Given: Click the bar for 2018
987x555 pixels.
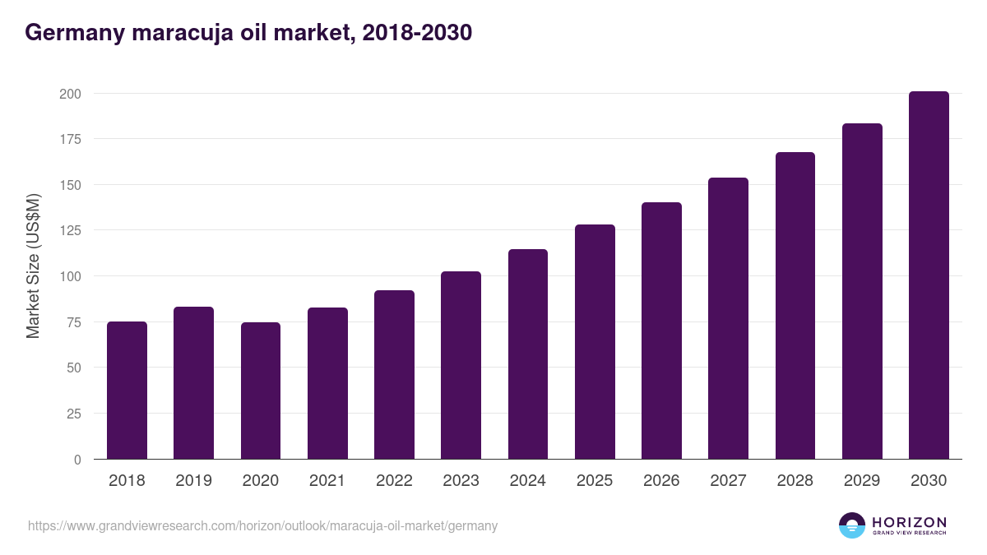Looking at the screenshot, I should click(x=127, y=391).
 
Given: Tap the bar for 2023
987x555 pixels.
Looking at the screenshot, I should click(x=461, y=365).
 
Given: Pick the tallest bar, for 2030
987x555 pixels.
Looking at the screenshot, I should click(x=929, y=275).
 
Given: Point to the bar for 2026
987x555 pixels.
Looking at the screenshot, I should click(x=661, y=331).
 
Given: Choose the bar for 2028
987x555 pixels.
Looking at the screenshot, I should click(x=795, y=306).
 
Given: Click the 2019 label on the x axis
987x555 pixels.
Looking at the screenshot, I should click(x=193, y=481).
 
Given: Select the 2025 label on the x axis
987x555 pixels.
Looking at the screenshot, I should click(x=595, y=481).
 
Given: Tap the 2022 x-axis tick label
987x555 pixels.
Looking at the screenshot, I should click(x=394, y=481).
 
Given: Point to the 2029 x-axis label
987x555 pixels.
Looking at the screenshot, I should click(x=862, y=481).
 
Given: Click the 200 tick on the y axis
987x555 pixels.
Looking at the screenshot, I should click(x=70, y=94).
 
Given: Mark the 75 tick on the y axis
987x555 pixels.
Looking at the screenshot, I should click(x=73, y=322).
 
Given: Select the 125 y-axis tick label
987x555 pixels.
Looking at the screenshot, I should click(x=70, y=231).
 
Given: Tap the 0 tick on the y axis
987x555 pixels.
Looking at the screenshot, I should click(x=77, y=460).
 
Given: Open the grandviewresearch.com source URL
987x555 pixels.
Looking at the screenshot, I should click(x=262, y=525).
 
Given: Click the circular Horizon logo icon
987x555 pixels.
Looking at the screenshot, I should click(x=852, y=525).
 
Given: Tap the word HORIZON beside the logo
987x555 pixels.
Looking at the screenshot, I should click(x=909, y=521).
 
